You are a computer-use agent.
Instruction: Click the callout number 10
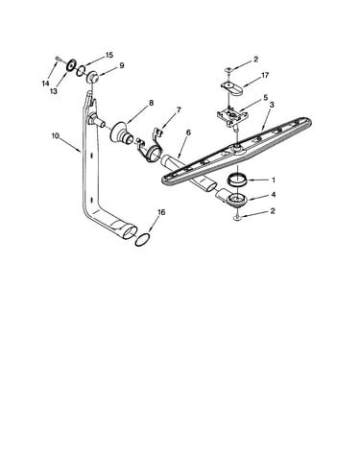coord(55,135)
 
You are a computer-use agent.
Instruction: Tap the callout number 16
coord(161,212)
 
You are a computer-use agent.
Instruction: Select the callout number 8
coord(151,103)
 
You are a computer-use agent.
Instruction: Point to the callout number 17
coord(265,75)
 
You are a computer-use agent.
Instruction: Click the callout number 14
coord(45,84)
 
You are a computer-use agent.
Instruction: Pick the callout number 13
coord(54,91)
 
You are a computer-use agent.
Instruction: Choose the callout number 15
coord(109,55)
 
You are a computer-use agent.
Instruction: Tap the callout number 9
coord(122,65)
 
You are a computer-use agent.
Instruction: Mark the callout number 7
coord(179,110)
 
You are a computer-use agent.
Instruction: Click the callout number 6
coord(188,132)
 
